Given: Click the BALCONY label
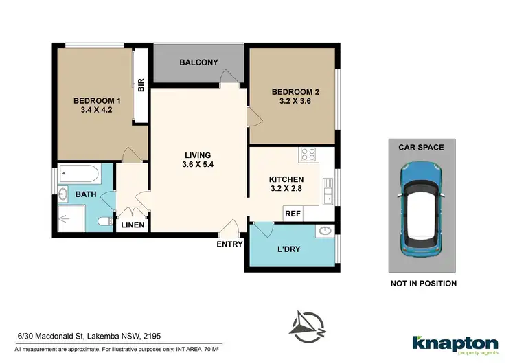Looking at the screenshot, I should tap(198, 62).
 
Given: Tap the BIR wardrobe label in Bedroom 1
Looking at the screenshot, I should tap(141, 86).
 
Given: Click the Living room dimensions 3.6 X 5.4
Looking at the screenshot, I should tap(196, 166).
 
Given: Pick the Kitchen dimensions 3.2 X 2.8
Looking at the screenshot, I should tap(286, 190).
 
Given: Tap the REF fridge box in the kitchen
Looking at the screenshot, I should tap(293, 214).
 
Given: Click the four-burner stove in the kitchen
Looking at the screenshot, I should tap(307, 155).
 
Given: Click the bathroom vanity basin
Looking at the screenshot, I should tap(63, 194).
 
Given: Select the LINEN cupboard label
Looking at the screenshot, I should tap(133, 225).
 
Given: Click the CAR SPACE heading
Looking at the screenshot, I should tap(422, 147).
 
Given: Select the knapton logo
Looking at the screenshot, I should tap(455, 343).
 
